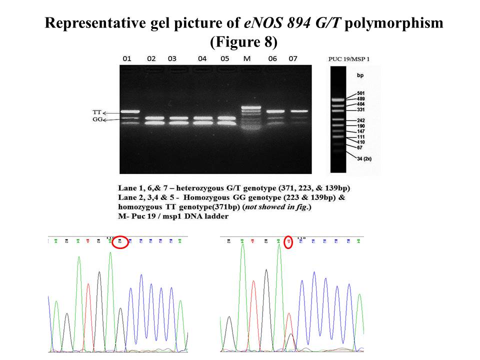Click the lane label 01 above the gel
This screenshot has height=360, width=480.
tap(127, 58)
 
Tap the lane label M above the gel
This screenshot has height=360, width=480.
tap(246, 58)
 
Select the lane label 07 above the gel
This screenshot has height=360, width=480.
tap(293, 58)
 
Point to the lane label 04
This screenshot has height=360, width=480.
tap(202, 58)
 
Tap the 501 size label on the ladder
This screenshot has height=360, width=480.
tap(361, 93)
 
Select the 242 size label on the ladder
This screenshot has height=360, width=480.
tap(361, 120)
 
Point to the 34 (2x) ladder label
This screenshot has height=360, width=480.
tap(364, 158)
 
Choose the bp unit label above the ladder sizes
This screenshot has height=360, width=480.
tap(360, 75)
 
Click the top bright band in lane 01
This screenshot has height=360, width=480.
tap(129, 111)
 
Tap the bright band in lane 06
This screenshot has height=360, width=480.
tap(275, 111)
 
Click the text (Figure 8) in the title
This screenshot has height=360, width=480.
tap(243, 42)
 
